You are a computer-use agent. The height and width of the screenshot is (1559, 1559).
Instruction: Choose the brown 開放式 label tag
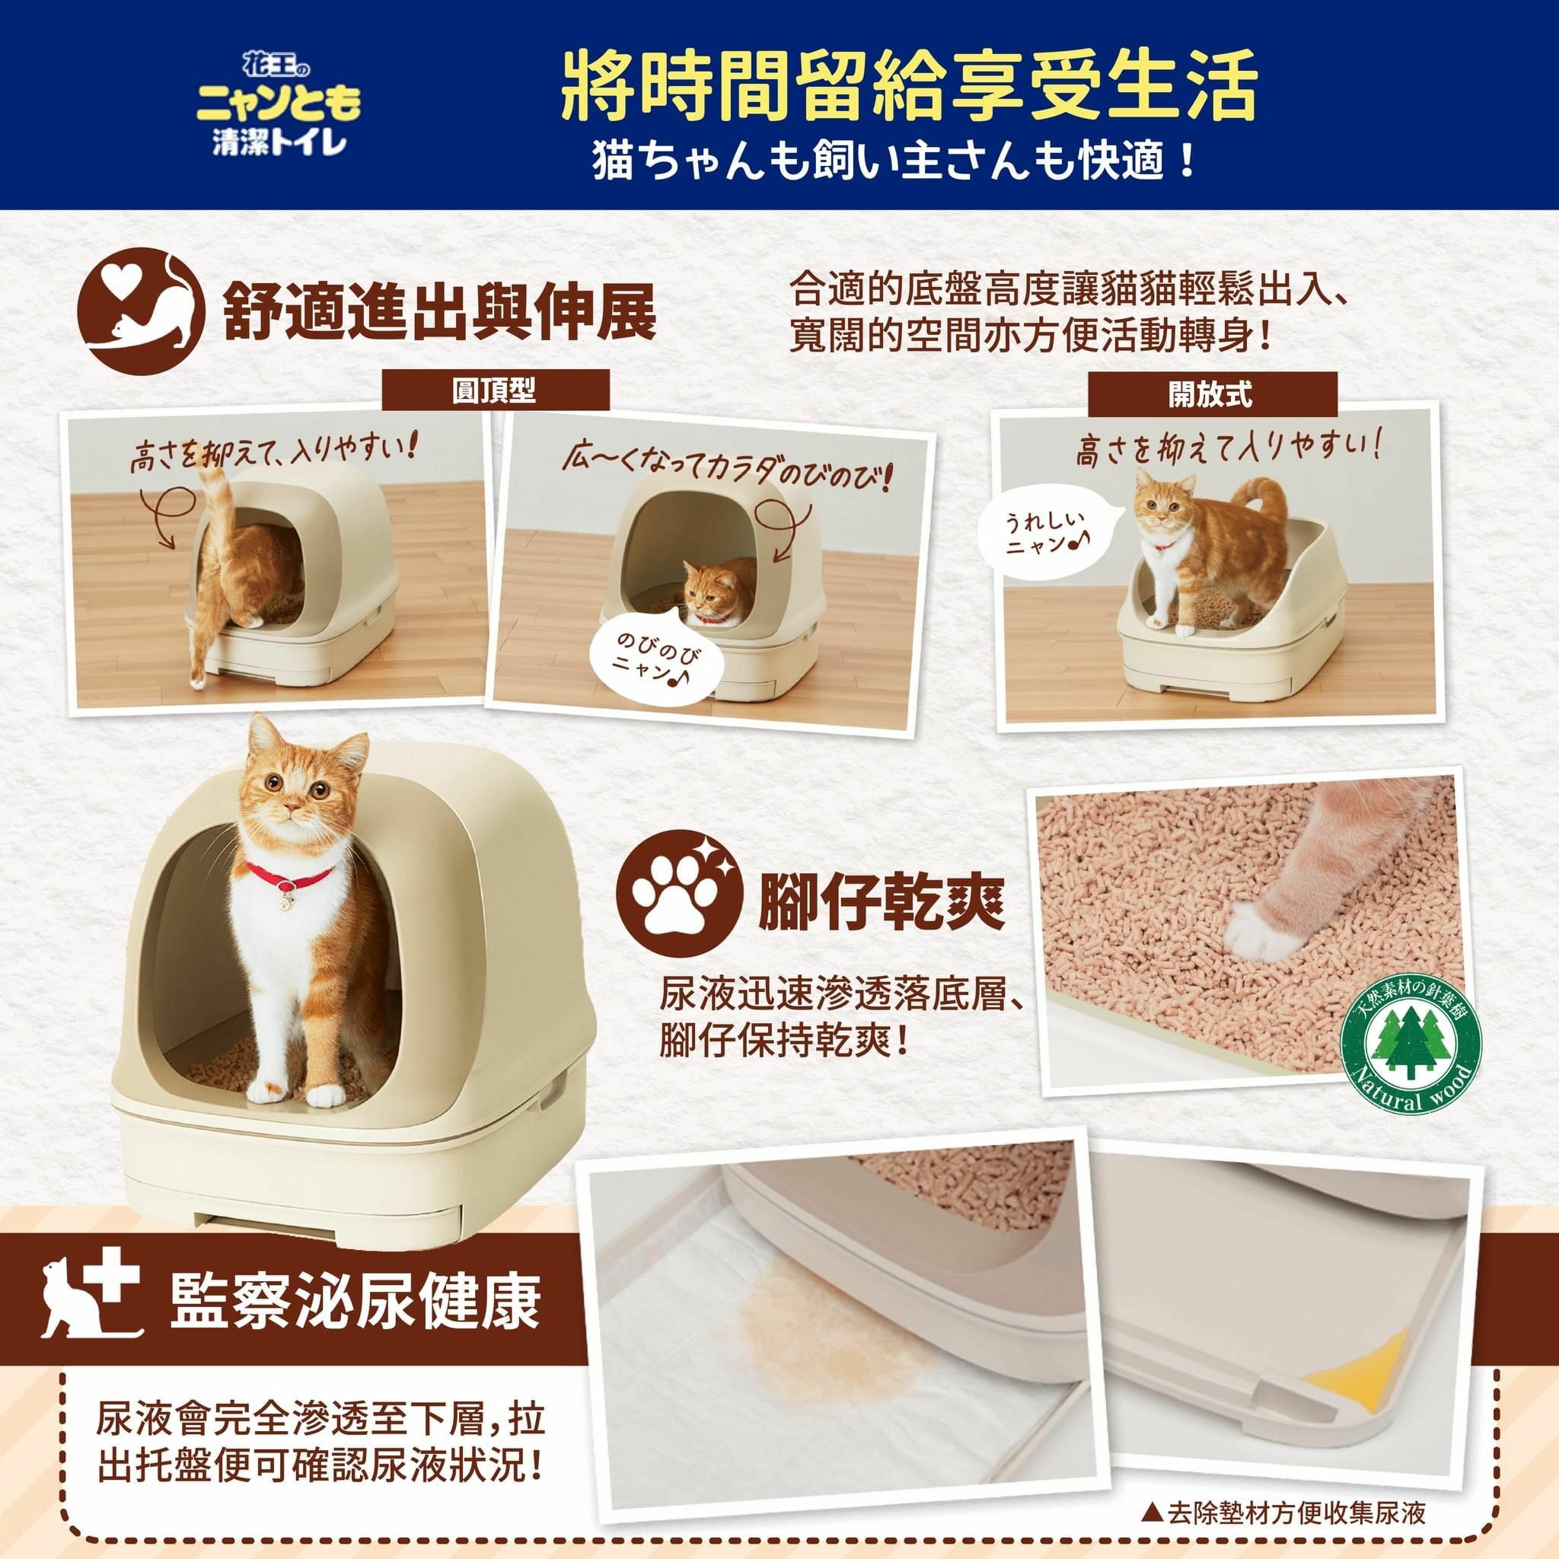pos(1211,394)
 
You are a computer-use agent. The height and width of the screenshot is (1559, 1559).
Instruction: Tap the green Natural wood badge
pos(1409,1051)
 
